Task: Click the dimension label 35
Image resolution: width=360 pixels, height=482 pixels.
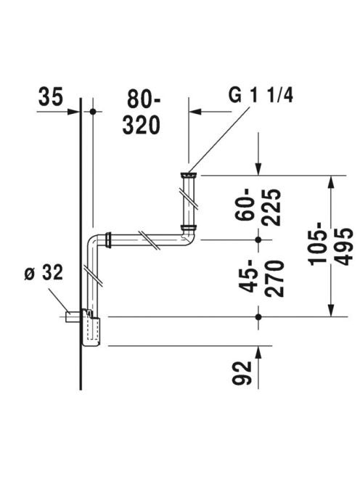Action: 51,97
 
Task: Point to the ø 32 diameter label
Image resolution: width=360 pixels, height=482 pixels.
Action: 44,272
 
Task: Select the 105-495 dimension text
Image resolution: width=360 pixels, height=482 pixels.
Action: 330,247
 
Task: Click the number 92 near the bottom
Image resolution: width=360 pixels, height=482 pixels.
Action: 242,373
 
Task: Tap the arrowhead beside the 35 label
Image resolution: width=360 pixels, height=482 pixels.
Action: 74,112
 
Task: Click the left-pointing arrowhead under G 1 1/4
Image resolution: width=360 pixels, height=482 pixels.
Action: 195,112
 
